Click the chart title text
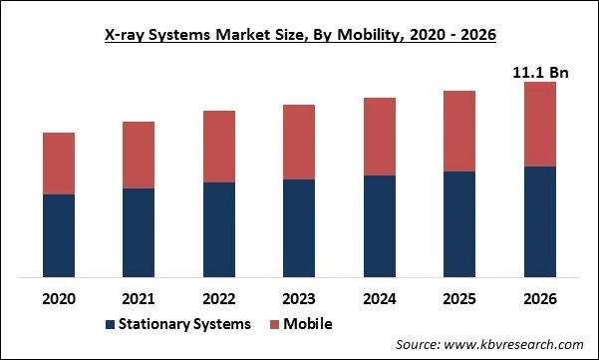tap(299, 34)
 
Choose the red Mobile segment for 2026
tap(540, 124)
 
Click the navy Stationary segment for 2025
tap(459, 224)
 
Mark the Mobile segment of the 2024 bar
tap(380, 137)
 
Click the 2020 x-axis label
tap(59, 298)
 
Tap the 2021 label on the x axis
tap(139, 298)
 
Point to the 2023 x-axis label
tap(299, 298)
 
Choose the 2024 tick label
tap(380, 298)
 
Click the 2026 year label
tap(540, 298)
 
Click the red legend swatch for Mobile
tap(273, 325)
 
